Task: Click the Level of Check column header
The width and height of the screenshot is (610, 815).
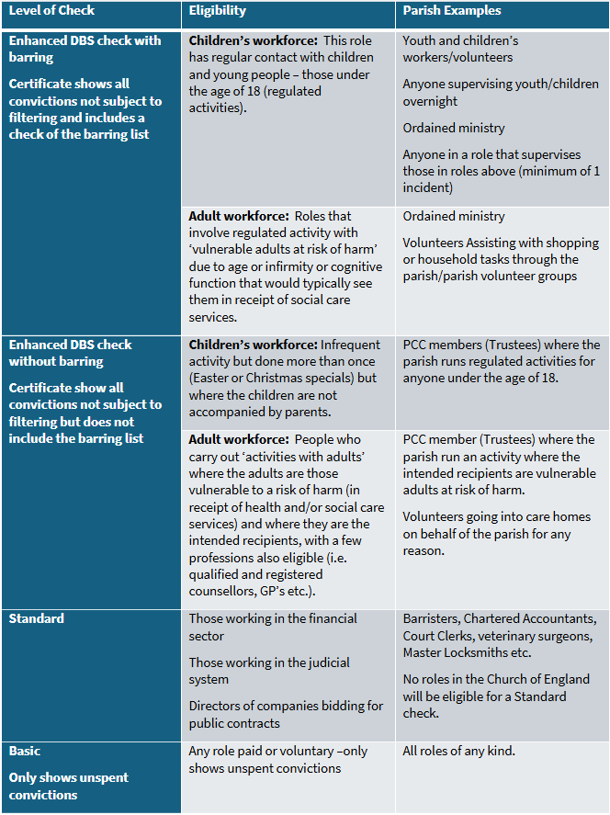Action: [51, 11]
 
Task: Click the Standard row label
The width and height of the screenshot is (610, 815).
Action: [37, 619]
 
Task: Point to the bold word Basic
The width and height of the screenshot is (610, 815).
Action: [25, 752]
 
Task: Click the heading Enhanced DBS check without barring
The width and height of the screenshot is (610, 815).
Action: [71, 353]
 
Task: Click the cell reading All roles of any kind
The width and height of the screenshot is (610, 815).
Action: [458, 752]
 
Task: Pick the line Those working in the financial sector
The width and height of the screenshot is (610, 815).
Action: [273, 628]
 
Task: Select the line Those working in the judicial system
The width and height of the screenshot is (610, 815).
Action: [269, 671]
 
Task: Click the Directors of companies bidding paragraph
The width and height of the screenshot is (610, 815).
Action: [286, 714]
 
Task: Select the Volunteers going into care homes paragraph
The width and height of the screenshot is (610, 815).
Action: [501, 533]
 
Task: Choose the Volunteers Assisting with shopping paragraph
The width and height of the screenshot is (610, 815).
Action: [501, 259]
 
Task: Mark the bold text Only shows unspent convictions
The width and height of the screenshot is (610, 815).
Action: [68, 786]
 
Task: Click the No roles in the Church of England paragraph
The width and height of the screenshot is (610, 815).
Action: [496, 696]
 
